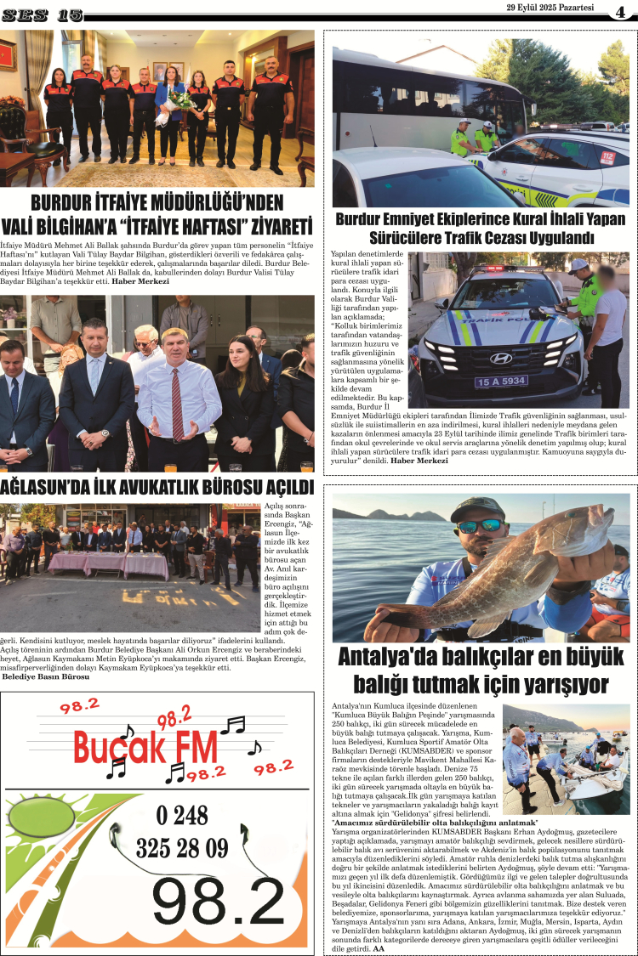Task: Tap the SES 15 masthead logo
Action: click(42, 14)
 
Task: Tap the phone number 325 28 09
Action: click(182, 847)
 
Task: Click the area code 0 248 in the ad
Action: click(182, 815)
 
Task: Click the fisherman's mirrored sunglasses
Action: click(480, 526)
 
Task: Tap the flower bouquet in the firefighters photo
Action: click(180, 100)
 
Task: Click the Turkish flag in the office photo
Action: click(8, 55)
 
